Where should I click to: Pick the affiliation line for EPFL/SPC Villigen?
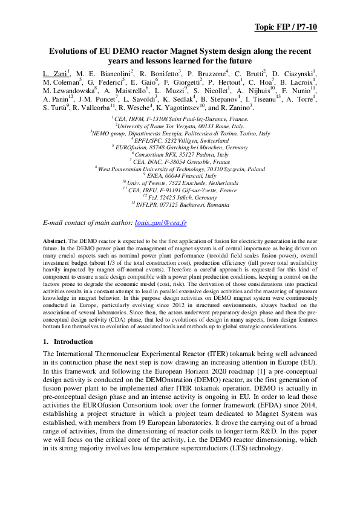pos(180,140)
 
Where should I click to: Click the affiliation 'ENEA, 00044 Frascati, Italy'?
pos(180,175)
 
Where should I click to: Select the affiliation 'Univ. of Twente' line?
pos(180,183)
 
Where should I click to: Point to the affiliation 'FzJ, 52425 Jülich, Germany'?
pos(180,196)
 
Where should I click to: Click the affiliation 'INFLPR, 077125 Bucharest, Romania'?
pos(180,204)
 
